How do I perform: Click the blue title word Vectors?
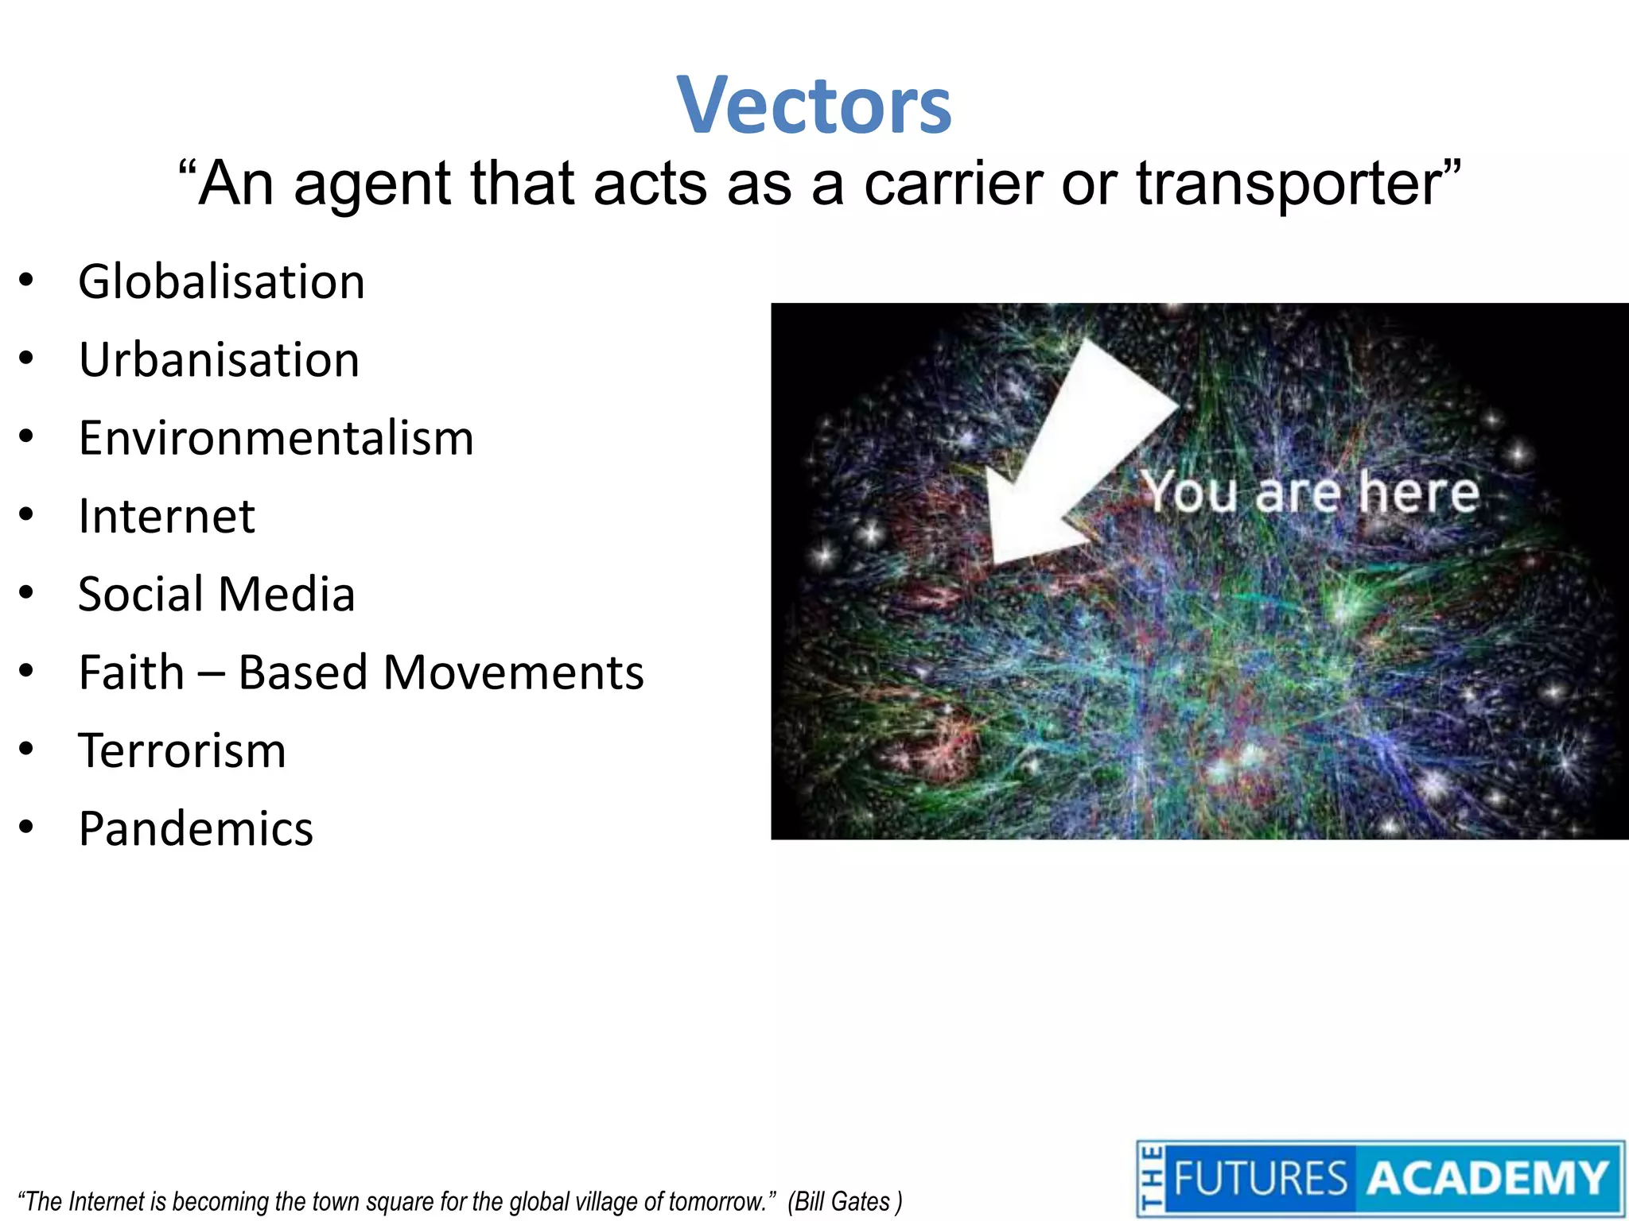point(814,106)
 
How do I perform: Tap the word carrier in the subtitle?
point(953,184)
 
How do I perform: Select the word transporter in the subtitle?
point(1289,184)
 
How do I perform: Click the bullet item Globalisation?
point(221,282)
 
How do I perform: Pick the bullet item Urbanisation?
point(219,360)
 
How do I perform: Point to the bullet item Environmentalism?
point(276,438)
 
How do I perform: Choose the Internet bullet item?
point(166,517)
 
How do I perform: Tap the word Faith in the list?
point(131,673)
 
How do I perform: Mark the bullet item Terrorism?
point(182,750)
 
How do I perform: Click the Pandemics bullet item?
point(196,829)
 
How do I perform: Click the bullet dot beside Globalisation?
point(27,281)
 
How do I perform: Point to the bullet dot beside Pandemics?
point(27,828)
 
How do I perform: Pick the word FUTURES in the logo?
point(1260,1179)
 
